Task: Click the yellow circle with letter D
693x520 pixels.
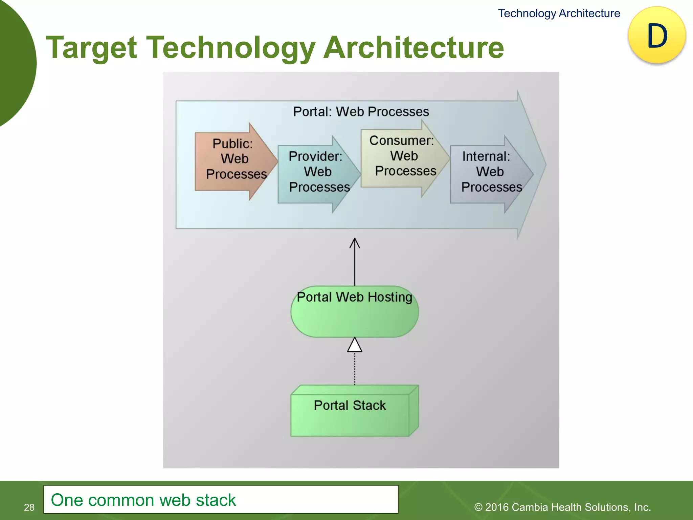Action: click(x=657, y=35)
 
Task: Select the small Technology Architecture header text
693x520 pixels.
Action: click(x=559, y=13)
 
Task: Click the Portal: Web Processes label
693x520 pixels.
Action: click(x=361, y=112)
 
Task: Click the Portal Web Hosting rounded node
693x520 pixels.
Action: click(x=355, y=315)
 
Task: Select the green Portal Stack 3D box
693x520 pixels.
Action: click(x=351, y=415)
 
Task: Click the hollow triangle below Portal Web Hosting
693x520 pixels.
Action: click(x=355, y=346)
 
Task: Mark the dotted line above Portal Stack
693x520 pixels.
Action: click(x=355, y=369)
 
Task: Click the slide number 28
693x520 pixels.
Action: click(x=29, y=507)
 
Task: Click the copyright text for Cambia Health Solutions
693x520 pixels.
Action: click(x=562, y=507)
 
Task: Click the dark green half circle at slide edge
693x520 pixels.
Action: click(x=15, y=61)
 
